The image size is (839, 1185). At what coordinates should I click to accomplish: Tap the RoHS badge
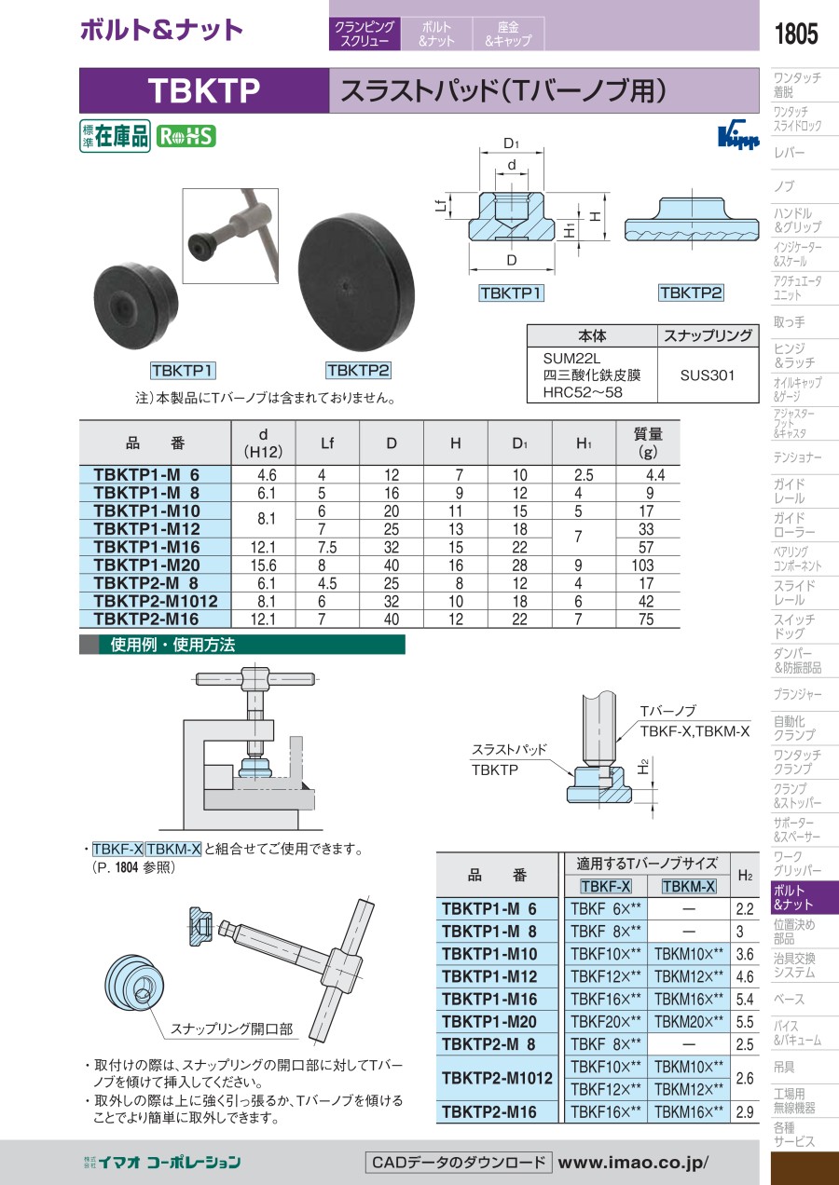click(186, 136)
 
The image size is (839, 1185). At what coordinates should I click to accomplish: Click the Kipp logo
click(736, 135)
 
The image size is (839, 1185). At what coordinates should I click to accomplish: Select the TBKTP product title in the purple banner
click(203, 90)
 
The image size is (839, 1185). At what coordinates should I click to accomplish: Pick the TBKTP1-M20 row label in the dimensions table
click(147, 565)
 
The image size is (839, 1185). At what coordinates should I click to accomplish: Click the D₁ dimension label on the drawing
click(511, 144)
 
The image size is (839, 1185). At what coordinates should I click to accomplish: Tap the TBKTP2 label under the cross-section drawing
click(691, 293)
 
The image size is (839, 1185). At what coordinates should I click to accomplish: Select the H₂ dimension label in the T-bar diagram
click(643, 767)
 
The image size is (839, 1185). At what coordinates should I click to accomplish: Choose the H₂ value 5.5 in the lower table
click(744, 1022)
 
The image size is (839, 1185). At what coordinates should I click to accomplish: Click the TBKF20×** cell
click(606, 1022)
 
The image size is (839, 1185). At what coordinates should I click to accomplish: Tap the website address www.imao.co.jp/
click(634, 1163)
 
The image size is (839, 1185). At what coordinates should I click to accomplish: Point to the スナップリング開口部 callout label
click(231, 1029)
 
